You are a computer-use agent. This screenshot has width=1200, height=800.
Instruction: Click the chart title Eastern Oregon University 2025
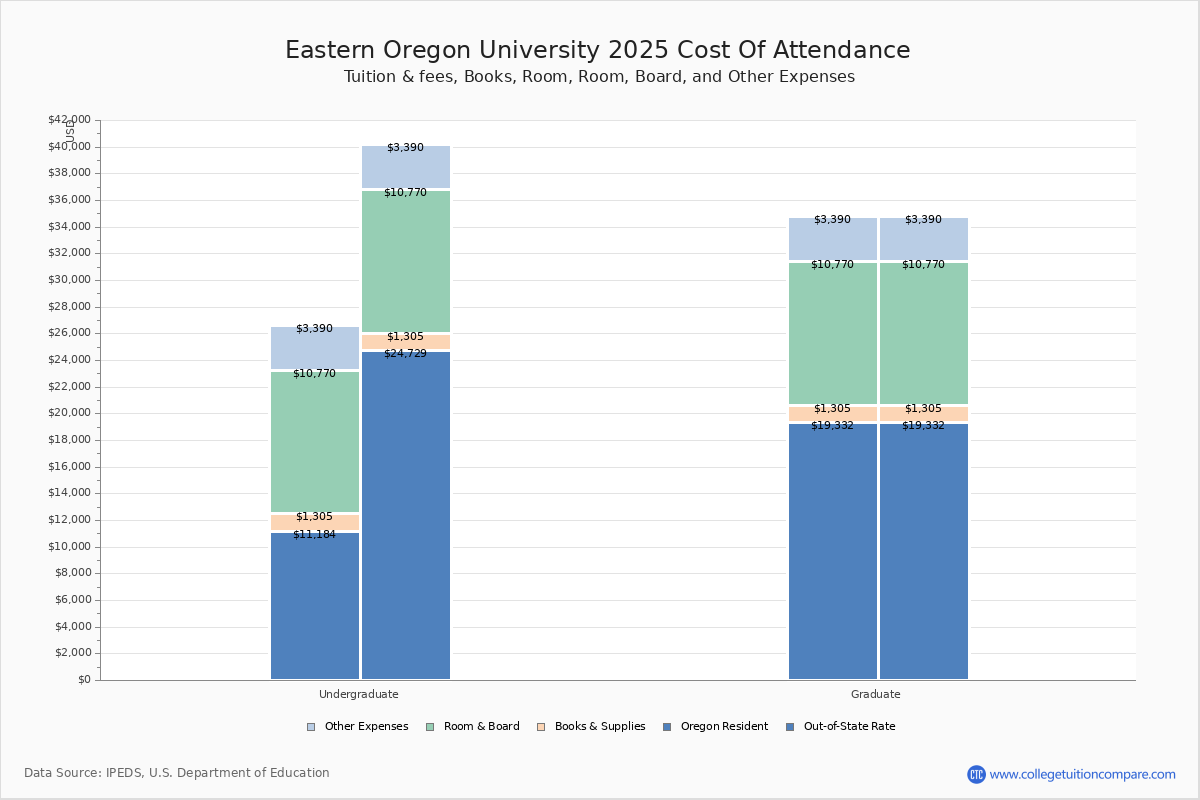(597, 50)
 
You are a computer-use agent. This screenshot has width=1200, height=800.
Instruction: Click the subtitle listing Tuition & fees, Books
(599, 77)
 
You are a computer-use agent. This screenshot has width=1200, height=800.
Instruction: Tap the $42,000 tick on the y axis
(69, 120)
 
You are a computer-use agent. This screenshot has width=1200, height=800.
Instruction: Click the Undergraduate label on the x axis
(358, 694)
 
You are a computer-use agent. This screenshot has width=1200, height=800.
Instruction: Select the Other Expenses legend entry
(365, 727)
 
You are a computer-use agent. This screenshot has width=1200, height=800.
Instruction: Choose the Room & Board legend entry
(481, 727)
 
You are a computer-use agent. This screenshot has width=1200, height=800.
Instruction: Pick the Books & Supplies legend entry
(599, 727)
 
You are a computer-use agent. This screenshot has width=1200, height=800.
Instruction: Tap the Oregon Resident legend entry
(723, 727)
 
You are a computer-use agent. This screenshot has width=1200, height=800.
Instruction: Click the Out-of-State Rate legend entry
(848, 727)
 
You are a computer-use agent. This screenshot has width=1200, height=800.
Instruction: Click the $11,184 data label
(314, 535)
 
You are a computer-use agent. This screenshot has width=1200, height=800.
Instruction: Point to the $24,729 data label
(405, 354)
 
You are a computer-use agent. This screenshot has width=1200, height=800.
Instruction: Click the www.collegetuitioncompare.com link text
(1082, 774)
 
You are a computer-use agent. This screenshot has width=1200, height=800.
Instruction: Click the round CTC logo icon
(976, 774)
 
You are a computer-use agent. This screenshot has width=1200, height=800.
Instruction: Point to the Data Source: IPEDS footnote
(177, 773)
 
